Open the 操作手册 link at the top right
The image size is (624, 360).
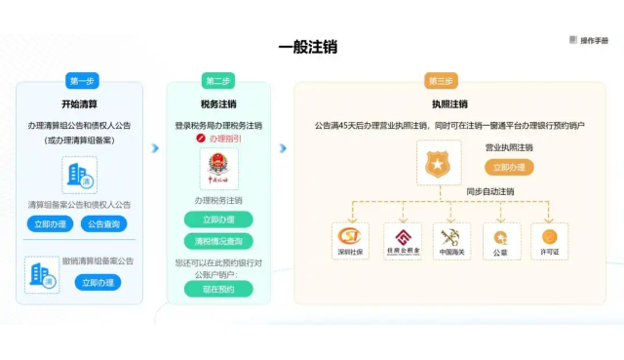coord(588,40)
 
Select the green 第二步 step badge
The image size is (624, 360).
coord(218,80)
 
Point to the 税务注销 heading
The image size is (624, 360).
coord(218,103)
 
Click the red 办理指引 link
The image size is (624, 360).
coord(218,140)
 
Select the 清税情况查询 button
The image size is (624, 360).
coord(218,240)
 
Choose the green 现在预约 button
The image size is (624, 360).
coord(218,289)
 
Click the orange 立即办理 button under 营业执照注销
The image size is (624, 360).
coord(509,167)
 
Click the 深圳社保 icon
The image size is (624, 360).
coord(351,240)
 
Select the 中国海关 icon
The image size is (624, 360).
coord(451,240)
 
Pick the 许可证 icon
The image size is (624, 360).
coord(550,240)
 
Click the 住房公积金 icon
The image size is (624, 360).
coord(402,240)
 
